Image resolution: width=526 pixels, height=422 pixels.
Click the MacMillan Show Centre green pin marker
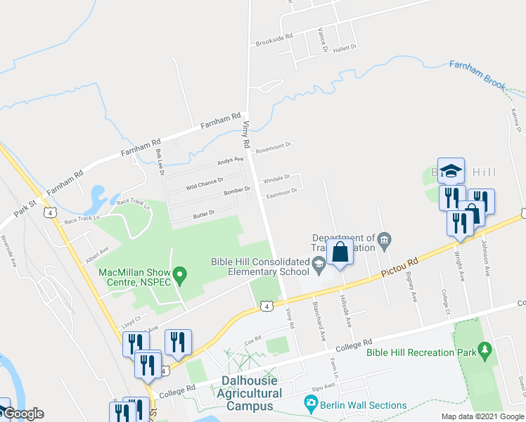(x=179, y=274)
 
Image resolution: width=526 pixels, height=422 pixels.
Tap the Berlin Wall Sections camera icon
(x=310, y=404)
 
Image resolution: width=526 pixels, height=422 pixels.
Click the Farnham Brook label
(x=477, y=75)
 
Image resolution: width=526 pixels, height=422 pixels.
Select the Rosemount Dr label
(x=273, y=146)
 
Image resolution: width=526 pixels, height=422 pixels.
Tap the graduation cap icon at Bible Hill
(x=451, y=171)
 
